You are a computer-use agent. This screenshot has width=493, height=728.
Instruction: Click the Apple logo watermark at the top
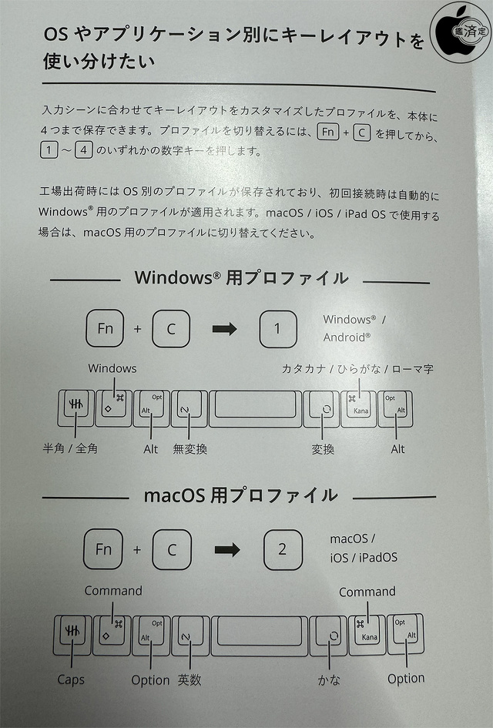(461, 30)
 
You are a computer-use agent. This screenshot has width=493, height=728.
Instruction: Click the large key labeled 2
(283, 549)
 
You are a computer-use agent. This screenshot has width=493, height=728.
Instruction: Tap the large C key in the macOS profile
(171, 549)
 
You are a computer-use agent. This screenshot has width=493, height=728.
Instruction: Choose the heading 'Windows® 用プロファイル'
(241, 278)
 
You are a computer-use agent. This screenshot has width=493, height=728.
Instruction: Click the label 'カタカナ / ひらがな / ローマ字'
(357, 369)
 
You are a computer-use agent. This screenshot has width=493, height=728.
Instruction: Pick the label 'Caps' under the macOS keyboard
(70, 680)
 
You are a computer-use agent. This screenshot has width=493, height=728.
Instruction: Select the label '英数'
(190, 679)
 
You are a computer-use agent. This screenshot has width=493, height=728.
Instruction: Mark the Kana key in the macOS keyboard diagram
(367, 634)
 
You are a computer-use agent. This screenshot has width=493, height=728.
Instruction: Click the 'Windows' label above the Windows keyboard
(112, 368)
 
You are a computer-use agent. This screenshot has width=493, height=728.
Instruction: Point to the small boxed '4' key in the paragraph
(84, 151)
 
